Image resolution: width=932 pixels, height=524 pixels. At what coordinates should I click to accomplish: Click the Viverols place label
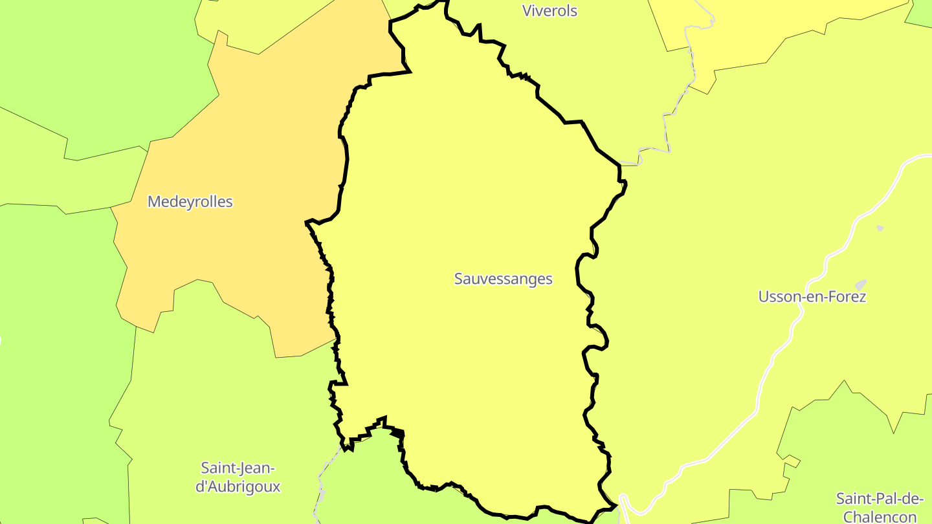(x=549, y=11)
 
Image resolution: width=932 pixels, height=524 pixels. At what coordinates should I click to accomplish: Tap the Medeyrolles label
(x=190, y=202)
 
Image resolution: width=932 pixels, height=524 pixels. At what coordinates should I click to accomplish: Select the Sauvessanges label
(x=503, y=279)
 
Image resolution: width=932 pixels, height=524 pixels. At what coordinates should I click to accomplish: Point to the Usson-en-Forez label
(x=812, y=297)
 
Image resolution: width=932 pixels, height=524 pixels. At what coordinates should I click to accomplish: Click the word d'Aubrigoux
(x=238, y=486)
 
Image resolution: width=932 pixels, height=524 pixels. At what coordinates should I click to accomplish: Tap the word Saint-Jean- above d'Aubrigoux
(x=238, y=468)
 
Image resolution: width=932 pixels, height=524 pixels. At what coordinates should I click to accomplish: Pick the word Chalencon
(x=880, y=516)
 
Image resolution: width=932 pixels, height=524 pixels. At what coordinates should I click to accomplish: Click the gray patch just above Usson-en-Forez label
(x=860, y=285)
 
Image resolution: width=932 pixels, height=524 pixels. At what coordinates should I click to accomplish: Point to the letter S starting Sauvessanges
(x=458, y=279)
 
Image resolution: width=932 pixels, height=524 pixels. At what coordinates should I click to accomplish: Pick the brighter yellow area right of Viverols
(x=777, y=26)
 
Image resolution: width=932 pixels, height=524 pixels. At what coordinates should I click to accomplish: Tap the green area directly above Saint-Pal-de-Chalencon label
(x=841, y=440)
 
